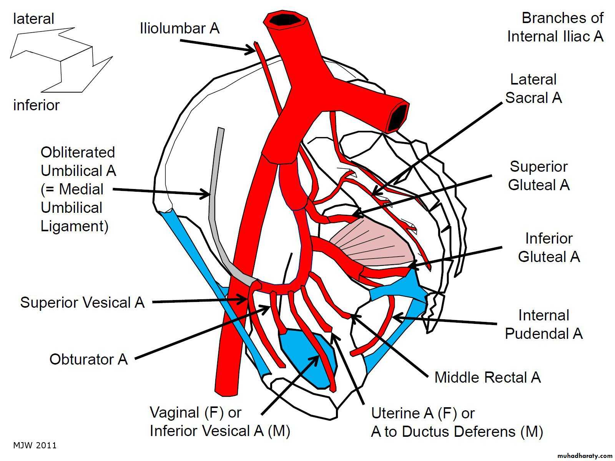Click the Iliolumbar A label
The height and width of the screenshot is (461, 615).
(x=180, y=28)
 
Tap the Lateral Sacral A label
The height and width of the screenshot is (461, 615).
(x=534, y=89)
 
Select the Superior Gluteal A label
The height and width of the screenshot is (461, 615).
(x=539, y=176)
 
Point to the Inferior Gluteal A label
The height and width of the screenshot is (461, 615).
(x=549, y=248)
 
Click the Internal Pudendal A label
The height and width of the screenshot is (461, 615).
(x=544, y=325)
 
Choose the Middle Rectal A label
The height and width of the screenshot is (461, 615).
(x=487, y=378)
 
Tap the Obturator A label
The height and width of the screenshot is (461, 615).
(x=88, y=360)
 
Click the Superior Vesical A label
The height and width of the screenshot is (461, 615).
(x=82, y=303)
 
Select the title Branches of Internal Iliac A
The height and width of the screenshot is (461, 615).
(x=555, y=27)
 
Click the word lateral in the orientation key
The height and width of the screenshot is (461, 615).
(x=33, y=19)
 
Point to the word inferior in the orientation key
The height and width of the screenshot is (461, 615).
(x=37, y=105)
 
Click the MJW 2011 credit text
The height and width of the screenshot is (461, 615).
(x=35, y=446)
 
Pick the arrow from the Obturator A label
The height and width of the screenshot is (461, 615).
(x=200, y=333)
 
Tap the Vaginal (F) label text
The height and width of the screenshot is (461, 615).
(x=195, y=413)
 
